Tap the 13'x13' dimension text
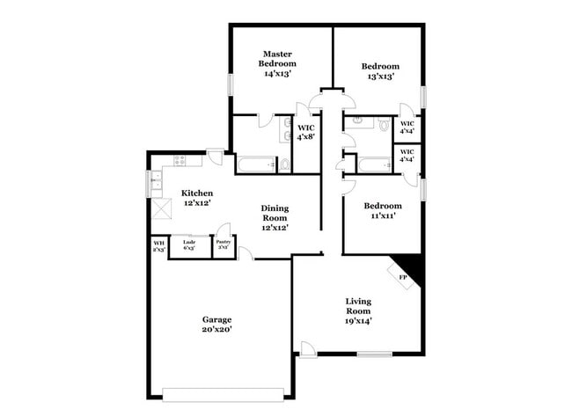[380, 77]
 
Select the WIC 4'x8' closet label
[305, 132]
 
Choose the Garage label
[216, 319]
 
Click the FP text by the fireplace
[403, 279]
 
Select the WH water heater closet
[159, 246]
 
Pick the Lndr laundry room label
[188, 246]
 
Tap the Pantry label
[224, 245]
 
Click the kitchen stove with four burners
[181, 161]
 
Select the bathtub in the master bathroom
[257, 164]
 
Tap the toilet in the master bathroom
[284, 164]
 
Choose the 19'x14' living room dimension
[357, 321]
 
